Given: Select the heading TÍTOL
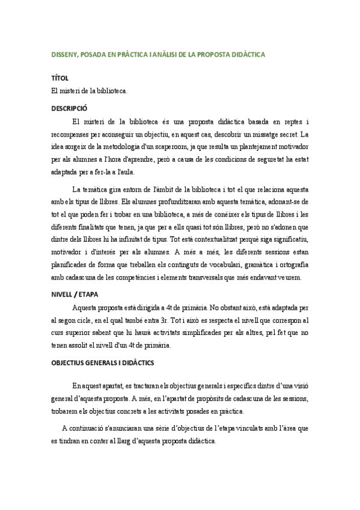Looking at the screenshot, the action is [x=60, y=78].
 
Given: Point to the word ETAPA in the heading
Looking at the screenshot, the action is [x=87, y=294].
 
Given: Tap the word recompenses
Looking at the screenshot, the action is [x=73, y=134].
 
